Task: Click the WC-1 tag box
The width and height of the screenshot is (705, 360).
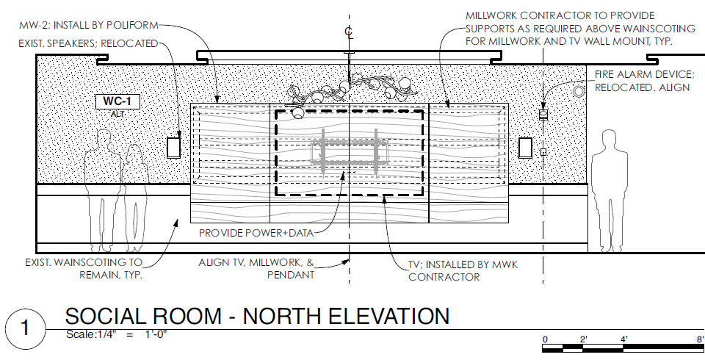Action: coord(117,101)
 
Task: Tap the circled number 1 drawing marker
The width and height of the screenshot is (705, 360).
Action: coord(26,326)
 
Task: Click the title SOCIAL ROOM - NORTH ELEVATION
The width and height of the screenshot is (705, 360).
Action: coord(257,316)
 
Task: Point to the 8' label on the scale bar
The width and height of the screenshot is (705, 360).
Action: coord(700,339)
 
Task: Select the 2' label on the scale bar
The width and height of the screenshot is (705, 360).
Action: coord(583,339)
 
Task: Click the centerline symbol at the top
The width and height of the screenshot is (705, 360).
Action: coord(349,32)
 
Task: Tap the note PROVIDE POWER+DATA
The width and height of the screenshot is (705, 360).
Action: coord(257,234)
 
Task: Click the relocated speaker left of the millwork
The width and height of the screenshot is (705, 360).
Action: coord(174,148)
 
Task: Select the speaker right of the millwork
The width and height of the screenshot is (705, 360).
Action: coord(526,147)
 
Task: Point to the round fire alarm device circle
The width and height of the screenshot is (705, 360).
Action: coord(578,91)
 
